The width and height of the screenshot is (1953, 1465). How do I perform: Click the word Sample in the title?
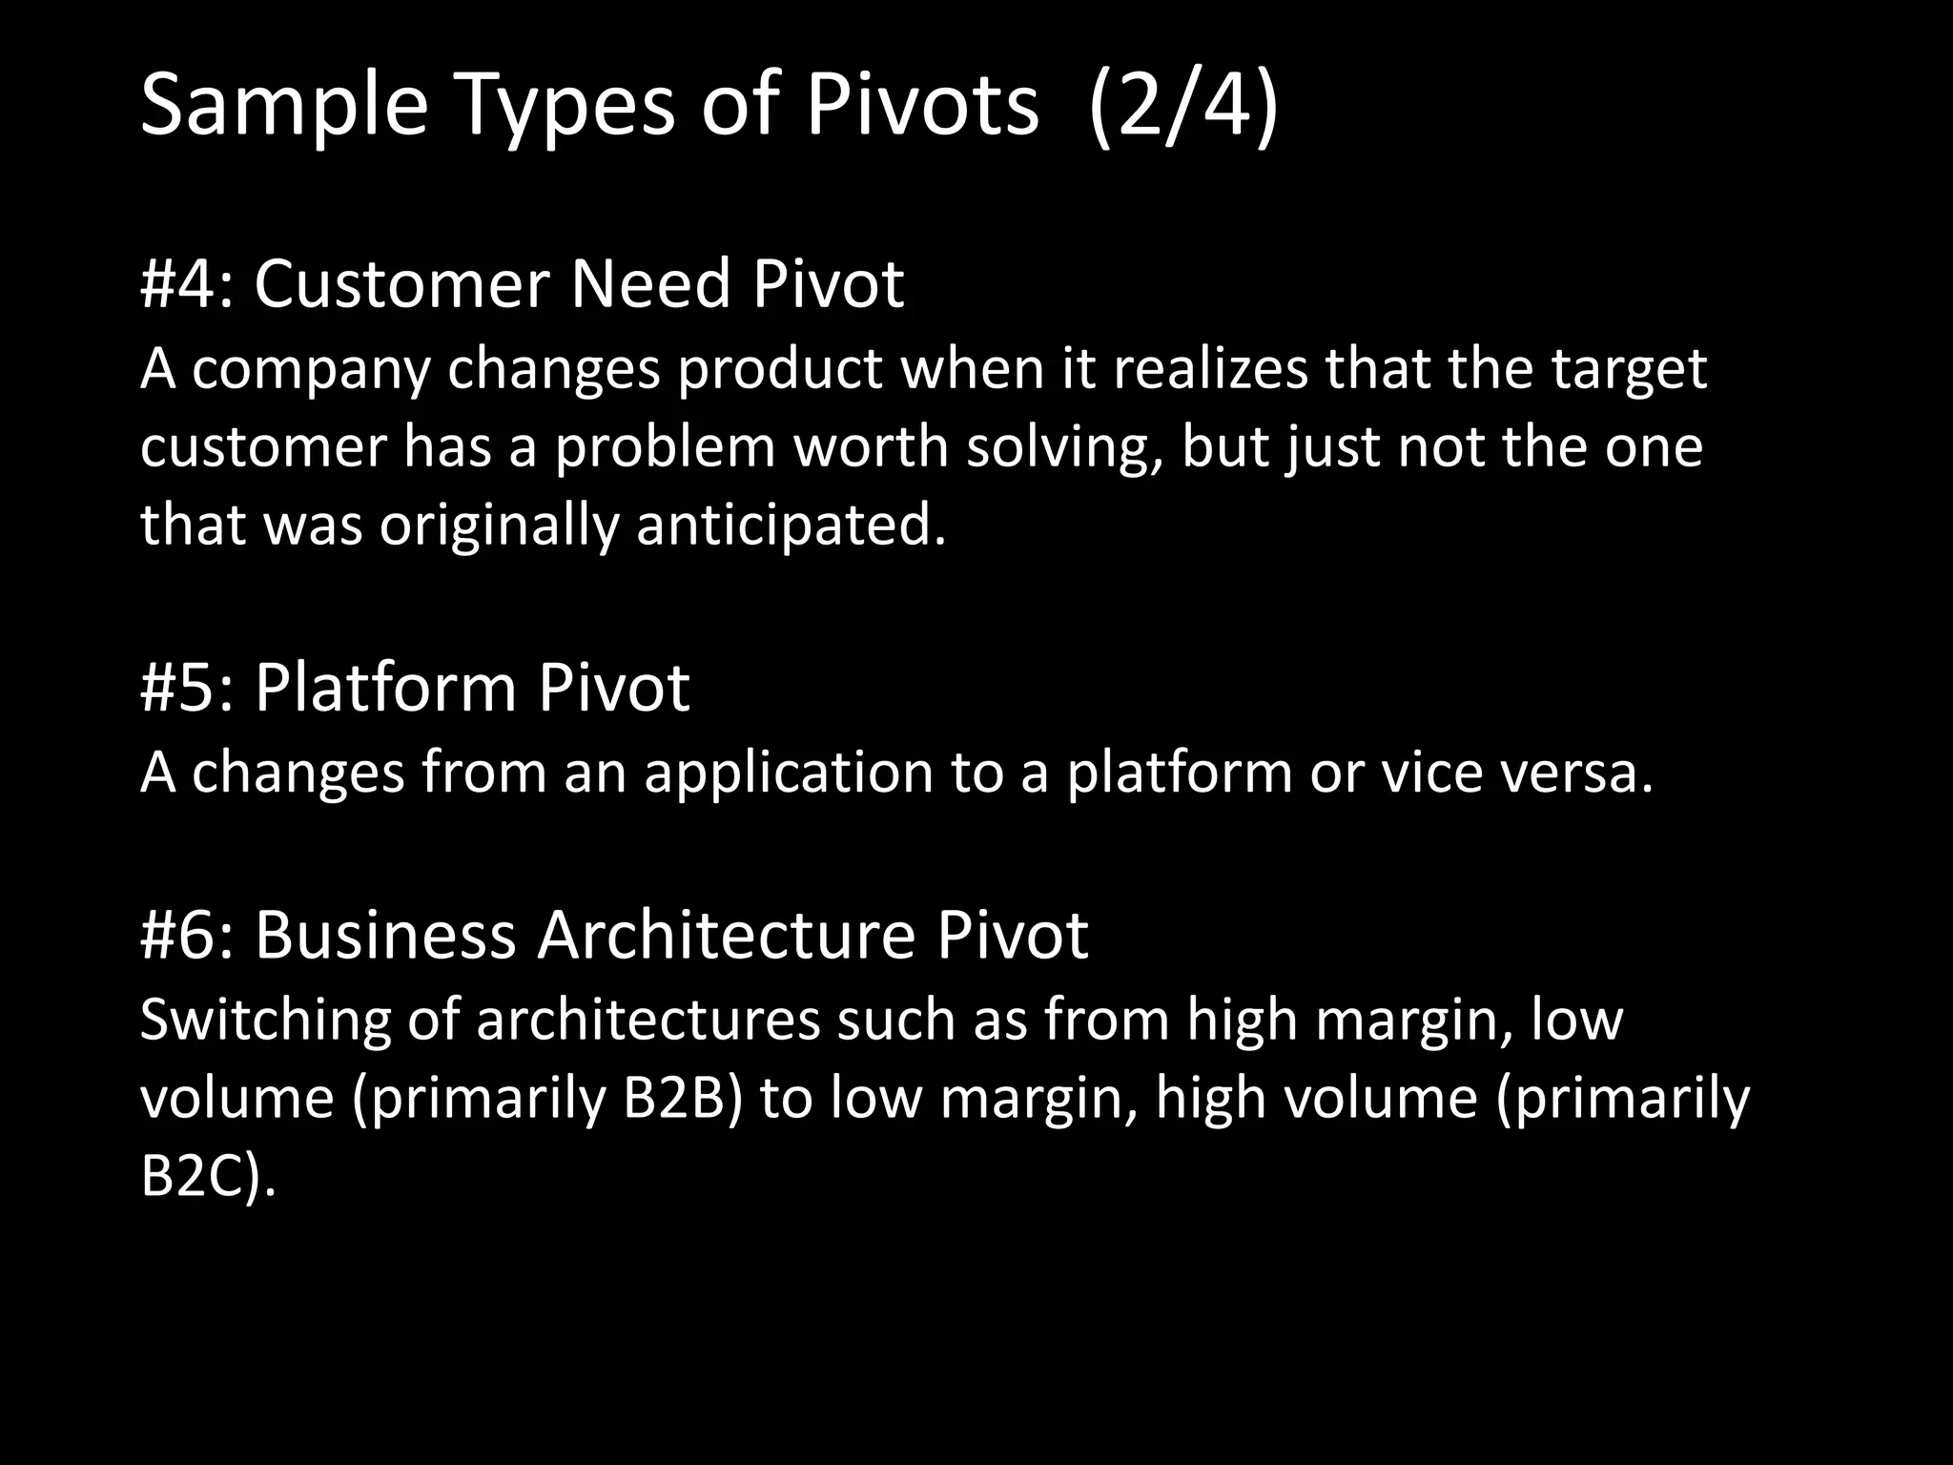tap(284, 107)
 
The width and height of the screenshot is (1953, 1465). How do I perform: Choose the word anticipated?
tap(791, 526)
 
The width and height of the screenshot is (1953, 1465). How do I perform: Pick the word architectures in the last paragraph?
tap(648, 1021)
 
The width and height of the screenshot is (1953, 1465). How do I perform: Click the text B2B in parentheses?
tap(681, 1099)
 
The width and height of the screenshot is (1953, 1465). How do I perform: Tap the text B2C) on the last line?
tap(207, 1177)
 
